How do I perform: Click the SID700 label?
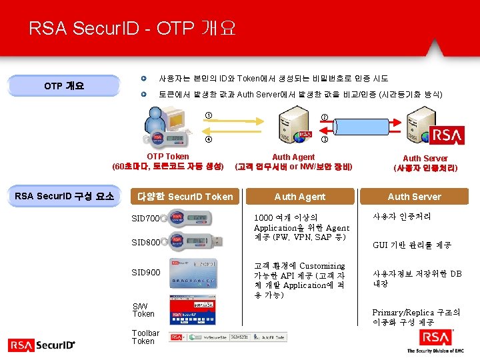click(x=145, y=219)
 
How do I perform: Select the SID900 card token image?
click(x=193, y=272)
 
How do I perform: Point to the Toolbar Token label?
click(x=145, y=337)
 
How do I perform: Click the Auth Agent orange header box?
click(x=300, y=197)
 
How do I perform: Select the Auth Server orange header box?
click(x=414, y=197)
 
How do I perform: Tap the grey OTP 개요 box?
click(x=64, y=86)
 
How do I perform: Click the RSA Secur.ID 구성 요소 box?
click(x=64, y=196)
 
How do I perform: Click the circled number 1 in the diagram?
click(x=208, y=117)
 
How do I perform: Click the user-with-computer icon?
click(x=167, y=127)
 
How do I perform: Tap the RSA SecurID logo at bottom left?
click(x=41, y=345)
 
